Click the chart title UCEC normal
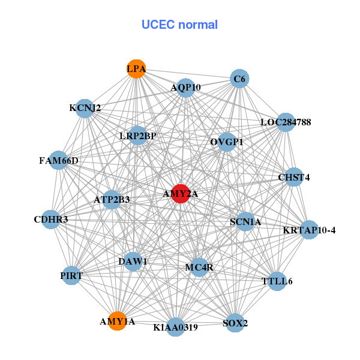[x=179, y=25]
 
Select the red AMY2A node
[x=181, y=194]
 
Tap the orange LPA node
[x=136, y=69]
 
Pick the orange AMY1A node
[x=118, y=321]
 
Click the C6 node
[x=239, y=79]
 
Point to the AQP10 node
[x=185, y=88]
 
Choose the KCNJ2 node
[x=85, y=109]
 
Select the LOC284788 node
[x=286, y=122]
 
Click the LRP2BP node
[x=138, y=136]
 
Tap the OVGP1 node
[x=227, y=142]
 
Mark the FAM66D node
[x=59, y=161]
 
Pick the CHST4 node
[x=293, y=177]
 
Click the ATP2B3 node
[x=112, y=199]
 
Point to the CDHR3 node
[x=51, y=220]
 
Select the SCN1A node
[x=245, y=222]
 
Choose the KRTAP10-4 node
[x=309, y=230]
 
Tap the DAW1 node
[x=133, y=262]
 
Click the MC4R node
[x=199, y=267]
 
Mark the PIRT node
[x=71, y=276]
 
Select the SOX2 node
[x=235, y=323]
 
